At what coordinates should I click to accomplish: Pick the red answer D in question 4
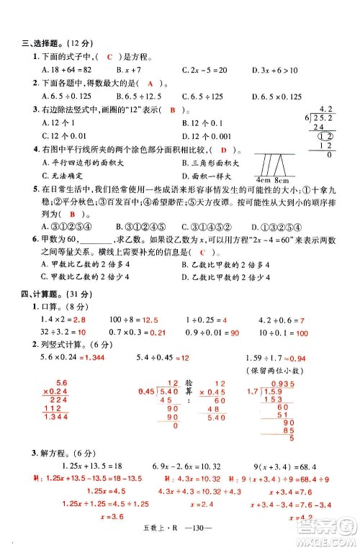click(225, 150)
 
